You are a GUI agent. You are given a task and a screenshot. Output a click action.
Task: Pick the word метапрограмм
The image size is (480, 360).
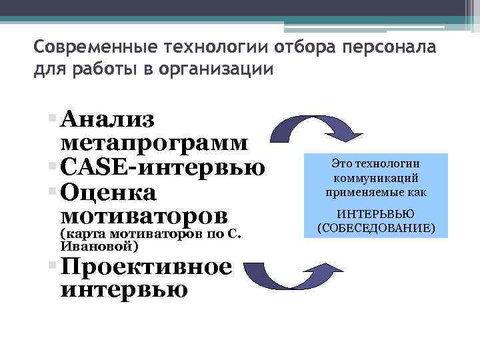(155, 143)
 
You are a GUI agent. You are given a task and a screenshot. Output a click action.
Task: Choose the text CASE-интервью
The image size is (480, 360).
(162, 167)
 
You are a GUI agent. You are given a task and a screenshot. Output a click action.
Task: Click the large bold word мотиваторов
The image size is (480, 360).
(144, 215)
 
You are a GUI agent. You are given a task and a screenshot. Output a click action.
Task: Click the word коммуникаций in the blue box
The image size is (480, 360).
(376, 179)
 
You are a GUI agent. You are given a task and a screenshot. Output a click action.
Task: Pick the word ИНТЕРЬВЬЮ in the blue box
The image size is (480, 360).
(376, 214)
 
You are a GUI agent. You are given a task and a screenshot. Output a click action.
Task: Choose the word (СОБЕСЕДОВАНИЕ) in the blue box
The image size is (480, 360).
(376, 228)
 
